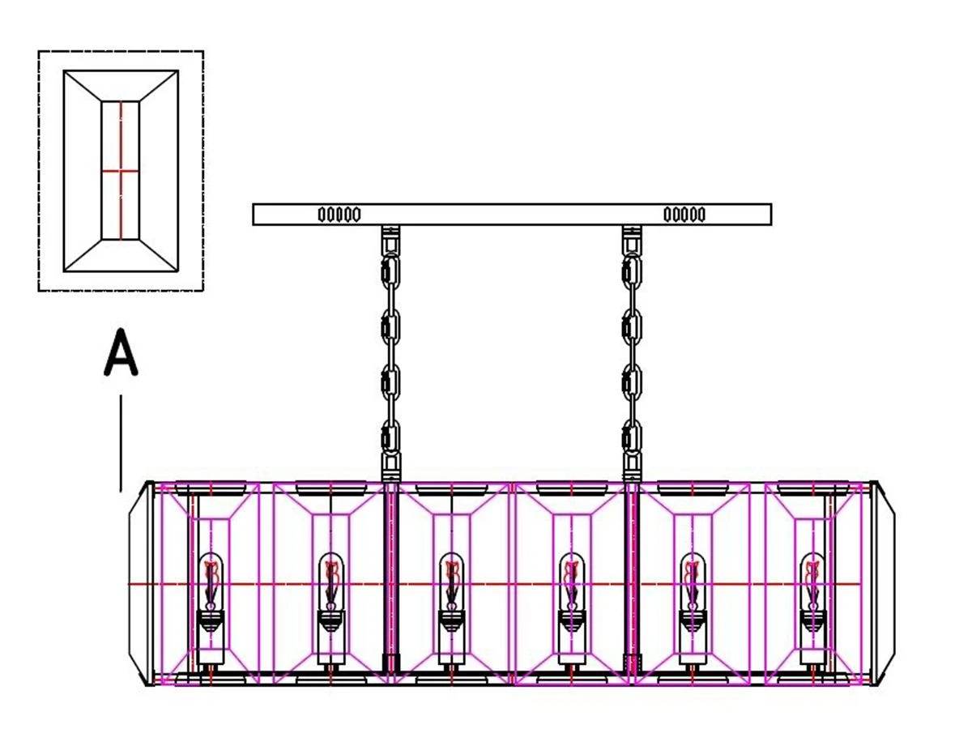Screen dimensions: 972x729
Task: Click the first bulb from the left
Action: [x=211, y=581]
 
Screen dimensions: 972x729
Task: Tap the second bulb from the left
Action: [x=330, y=581]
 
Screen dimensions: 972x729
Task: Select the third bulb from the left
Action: [x=451, y=581]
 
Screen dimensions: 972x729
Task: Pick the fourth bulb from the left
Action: [x=571, y=581]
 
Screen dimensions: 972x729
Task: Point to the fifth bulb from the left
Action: [x=692, y=581]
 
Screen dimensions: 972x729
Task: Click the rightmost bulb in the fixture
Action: [x=812, y=581]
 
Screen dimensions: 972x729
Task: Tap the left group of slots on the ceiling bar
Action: [x=339, y=215]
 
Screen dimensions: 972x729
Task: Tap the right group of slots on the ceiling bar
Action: [x=684, y=215]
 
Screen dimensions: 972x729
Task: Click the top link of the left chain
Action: [x=390, y=270]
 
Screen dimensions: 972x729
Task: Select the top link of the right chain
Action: [x=632, y=270]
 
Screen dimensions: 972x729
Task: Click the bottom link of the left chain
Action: [x=390, y=437]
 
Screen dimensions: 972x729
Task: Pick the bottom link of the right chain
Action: [x=632, y=437]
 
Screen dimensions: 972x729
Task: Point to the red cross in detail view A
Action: [x=121, y=171]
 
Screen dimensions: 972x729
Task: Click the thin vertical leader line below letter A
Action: [x=121, y=444]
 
